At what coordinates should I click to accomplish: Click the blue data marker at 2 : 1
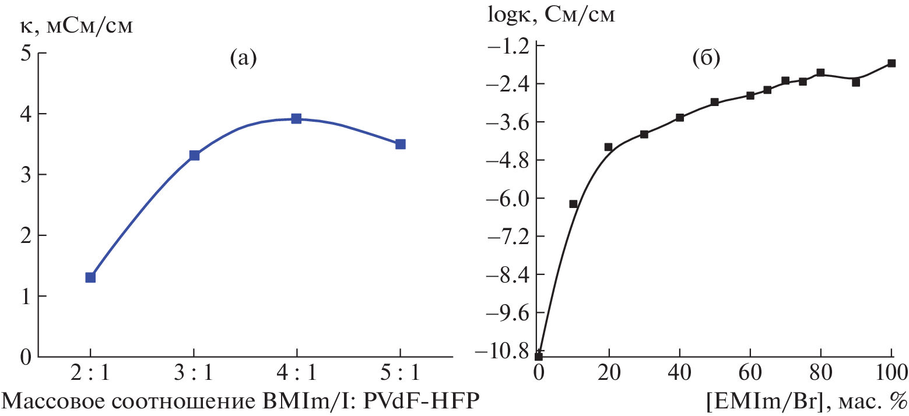[90, 277]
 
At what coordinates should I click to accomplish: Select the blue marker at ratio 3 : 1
[194, 156]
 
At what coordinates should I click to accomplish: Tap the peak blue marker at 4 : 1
[296, 119]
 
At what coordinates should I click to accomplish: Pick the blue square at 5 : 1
[400, 144]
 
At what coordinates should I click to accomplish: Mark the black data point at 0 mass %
[539, 357]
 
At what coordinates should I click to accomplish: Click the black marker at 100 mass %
[891, 63]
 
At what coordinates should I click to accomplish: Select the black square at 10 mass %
[573, 204]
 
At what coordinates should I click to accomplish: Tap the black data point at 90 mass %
[856, 82]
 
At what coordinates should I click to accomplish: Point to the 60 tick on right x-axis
[750, 371]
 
